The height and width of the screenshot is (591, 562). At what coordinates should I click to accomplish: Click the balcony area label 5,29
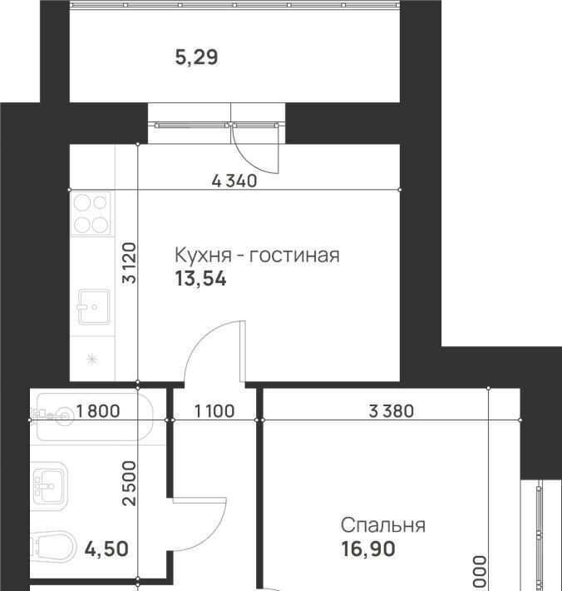tap(196, 58)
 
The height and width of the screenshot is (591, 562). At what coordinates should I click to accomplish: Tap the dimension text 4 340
tap(234, 181)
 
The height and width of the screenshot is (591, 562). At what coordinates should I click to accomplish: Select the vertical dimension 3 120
tap(130, 263)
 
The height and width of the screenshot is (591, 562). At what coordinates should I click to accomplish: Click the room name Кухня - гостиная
tap(258, 256)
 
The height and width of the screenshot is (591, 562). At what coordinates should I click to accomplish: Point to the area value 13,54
tap(200, 280)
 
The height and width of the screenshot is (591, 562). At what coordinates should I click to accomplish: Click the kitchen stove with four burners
tap(91, 214)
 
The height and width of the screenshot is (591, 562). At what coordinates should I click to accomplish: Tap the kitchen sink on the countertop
tap(94, 307)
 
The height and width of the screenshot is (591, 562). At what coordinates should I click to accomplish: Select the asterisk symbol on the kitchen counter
tap(91, 360)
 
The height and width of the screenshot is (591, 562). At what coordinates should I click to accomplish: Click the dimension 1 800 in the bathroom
tap(98, 411)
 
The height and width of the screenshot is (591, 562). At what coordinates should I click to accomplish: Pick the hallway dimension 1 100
tap(214, 411)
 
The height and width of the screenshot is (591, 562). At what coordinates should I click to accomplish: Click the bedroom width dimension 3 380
tap(392, 411)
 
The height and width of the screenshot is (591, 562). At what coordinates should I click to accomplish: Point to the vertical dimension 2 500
tap(130, 484)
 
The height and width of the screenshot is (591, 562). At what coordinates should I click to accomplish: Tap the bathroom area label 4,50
tap(106, 549)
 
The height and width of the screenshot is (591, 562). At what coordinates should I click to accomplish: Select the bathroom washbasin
tap(48, 487)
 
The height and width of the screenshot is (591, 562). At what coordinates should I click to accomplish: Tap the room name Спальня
tap(383, 525)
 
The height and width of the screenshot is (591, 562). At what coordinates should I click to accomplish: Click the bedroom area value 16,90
tap(368, 549)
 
